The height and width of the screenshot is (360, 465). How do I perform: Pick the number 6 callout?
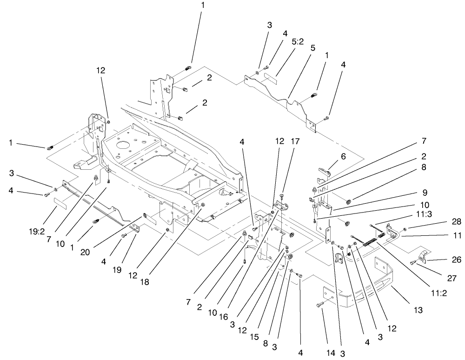[x=343, y=157]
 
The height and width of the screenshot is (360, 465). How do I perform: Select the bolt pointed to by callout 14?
[x=319, y=305]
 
